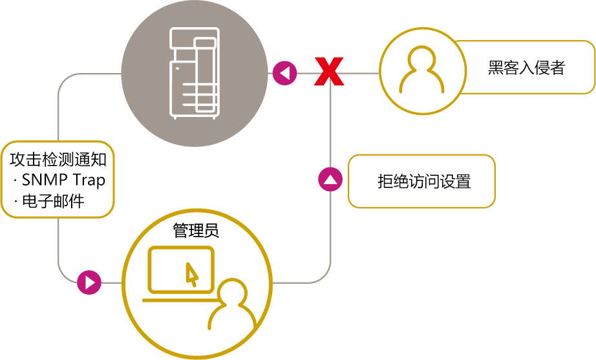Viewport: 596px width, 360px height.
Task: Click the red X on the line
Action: [329, 71]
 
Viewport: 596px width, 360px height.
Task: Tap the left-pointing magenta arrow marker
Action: [284, 72]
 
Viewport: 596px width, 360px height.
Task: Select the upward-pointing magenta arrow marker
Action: [330, 179]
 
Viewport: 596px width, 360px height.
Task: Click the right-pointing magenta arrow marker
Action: [90, 282]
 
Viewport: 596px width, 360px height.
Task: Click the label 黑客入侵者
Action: [526, 68]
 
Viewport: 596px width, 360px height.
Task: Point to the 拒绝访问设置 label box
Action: [421, 181]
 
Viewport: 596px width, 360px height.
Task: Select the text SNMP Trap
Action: [63, 180]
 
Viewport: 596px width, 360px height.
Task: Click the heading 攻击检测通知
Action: [58, 160]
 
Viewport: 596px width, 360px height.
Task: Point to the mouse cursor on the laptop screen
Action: [191, 273]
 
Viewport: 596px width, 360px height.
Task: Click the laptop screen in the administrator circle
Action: [181, 268]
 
